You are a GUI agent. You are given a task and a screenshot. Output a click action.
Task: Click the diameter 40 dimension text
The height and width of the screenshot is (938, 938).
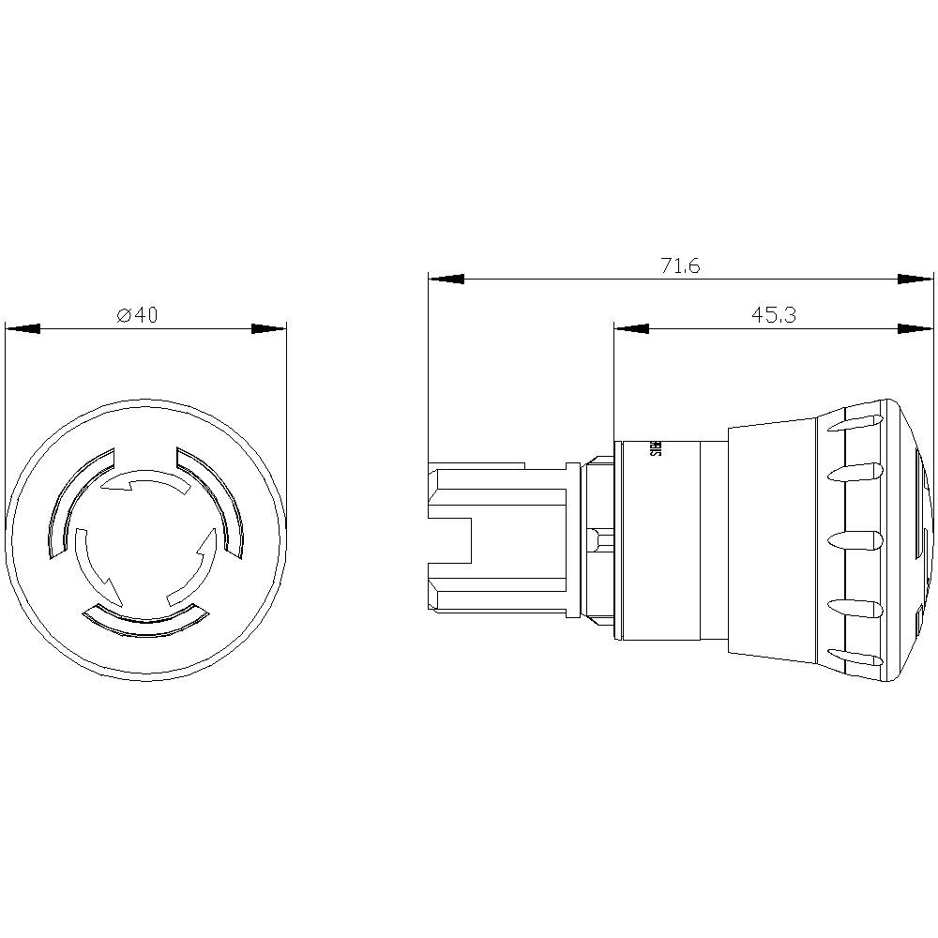[137, 316]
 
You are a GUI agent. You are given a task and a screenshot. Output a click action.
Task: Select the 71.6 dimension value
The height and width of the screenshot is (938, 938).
[679, 266]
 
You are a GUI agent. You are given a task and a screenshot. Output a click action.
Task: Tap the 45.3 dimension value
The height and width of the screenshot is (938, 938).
[773, 316]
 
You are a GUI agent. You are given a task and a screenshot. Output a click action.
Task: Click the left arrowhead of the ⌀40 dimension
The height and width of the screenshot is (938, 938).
[23, 329]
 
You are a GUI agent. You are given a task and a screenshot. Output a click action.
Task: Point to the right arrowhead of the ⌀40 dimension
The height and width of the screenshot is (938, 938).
[268, 329]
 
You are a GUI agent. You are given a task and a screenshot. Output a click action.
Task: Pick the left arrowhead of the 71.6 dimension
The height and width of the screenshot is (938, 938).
[446, 279]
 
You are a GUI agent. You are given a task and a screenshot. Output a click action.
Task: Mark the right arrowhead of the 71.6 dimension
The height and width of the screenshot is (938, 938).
[916, 279]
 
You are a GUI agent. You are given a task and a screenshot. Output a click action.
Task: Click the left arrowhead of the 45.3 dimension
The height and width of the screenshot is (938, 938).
[631, 328]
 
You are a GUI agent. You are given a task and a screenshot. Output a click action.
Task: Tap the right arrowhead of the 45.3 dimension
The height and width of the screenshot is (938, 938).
[916, 328]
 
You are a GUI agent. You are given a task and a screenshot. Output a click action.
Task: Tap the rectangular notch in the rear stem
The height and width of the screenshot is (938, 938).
[448, 539]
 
